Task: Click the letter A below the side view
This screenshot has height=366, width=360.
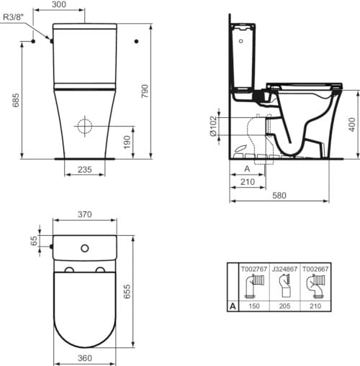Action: pos(248,170)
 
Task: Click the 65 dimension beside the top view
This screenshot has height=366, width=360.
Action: pos(33,241)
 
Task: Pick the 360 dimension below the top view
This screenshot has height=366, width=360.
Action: pos(85,357)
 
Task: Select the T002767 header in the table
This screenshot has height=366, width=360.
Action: pos(252,267)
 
